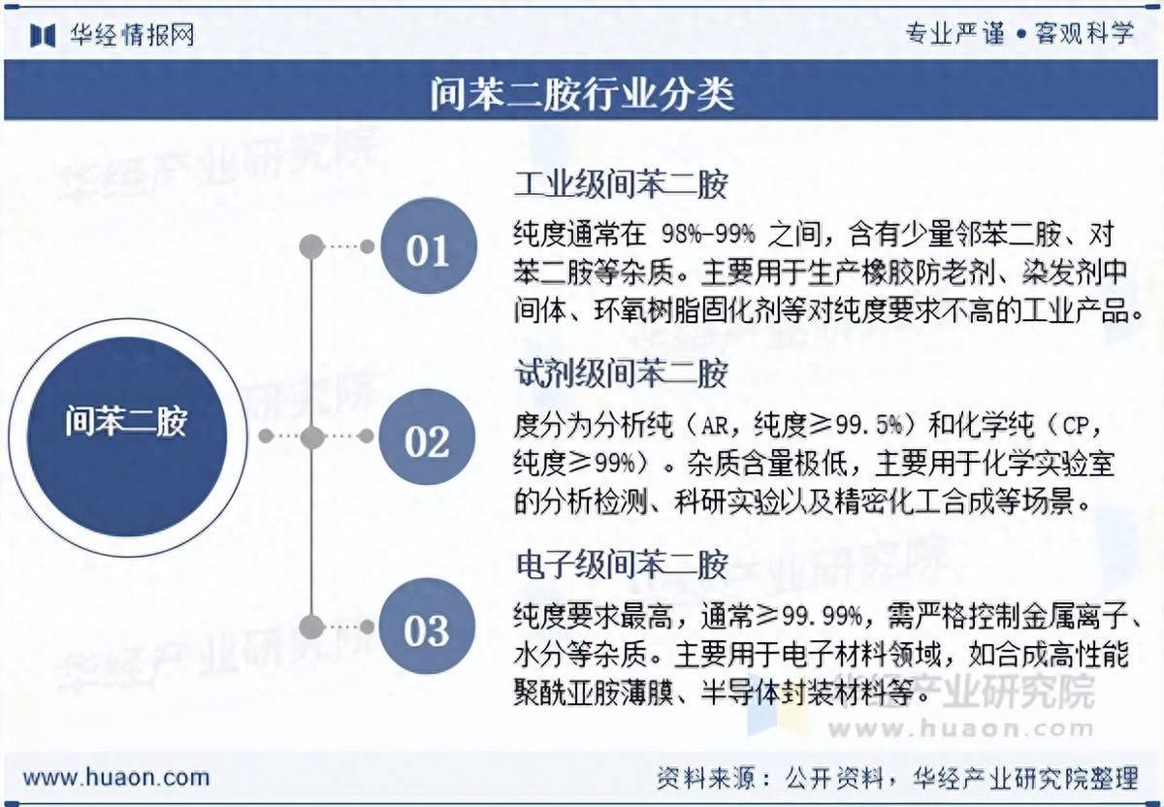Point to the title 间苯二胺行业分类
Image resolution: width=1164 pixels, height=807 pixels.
point(582,95)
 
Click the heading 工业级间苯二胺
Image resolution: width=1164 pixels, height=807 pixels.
point(620,184)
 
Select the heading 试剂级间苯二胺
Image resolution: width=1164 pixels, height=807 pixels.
point(620,373)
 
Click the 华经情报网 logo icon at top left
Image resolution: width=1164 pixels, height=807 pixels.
point(43,35)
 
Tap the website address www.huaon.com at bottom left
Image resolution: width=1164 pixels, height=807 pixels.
point(116,777)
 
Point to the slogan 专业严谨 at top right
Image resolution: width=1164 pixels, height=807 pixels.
point(954,34)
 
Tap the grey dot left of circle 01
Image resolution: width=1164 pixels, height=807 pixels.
point(311,246)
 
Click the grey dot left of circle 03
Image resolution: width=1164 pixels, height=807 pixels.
point(311,627)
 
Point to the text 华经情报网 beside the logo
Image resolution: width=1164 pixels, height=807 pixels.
point(132,35)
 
